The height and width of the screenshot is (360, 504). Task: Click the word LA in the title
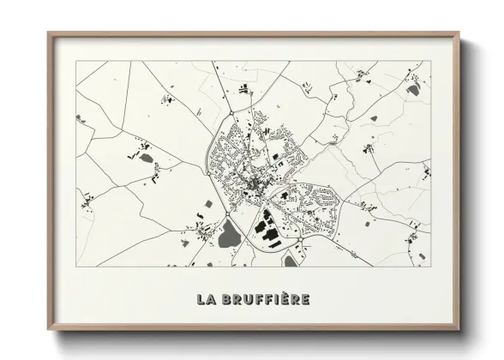coord(206,299)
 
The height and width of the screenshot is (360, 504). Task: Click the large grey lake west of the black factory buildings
coord(229,232)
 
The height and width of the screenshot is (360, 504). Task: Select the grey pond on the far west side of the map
coord(80,118)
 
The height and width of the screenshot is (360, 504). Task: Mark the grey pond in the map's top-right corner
coord(413,89)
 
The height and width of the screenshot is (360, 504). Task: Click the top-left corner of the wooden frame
coord(49,33)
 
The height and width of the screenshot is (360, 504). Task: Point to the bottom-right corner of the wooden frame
coord(459,329)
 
